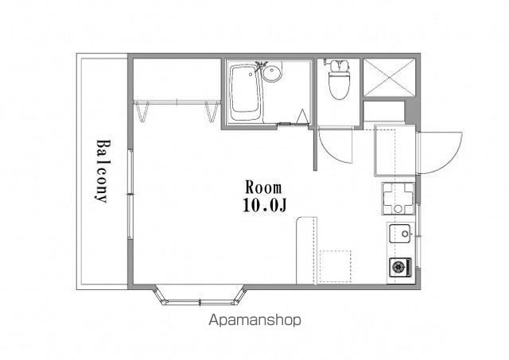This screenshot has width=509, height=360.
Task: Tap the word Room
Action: coord(263,188)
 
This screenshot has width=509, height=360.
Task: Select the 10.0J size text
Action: coord(265,205)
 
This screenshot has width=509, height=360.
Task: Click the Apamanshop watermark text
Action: coord(254,320)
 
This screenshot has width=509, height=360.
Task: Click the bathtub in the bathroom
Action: coord(246,92)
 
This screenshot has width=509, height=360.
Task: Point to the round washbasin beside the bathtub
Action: coord(272,73)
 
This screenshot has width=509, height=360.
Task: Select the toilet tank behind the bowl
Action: coord(340,65)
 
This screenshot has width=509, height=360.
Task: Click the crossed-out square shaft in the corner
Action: coord(389,78)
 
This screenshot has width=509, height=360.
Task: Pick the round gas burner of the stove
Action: coord(399,267)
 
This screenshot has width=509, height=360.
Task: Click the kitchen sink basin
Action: coord(401,234)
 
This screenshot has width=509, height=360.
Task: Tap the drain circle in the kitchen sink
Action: coord(405,234)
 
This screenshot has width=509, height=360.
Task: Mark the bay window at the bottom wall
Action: coord(200,296)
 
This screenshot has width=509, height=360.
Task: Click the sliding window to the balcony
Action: coord(130,194)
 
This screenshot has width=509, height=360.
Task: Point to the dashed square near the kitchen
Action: coord(336,266)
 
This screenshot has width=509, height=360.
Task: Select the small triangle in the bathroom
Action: coord(302,116)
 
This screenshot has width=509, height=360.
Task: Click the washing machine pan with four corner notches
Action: coord(398,199)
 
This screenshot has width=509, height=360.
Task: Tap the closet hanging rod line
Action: coord(177,103)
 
